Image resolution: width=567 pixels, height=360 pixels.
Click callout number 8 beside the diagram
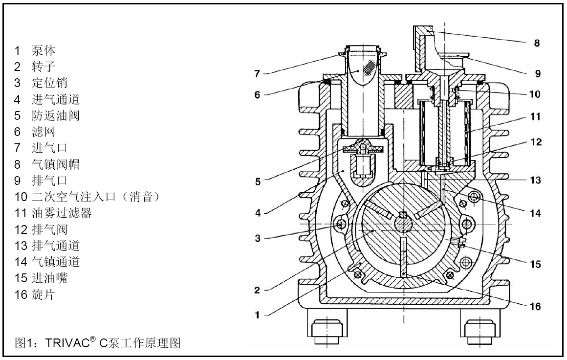point(537,43)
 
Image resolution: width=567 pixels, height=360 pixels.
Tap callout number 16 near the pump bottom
point(536,306)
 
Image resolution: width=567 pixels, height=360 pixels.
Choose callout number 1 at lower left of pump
point(257,315)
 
